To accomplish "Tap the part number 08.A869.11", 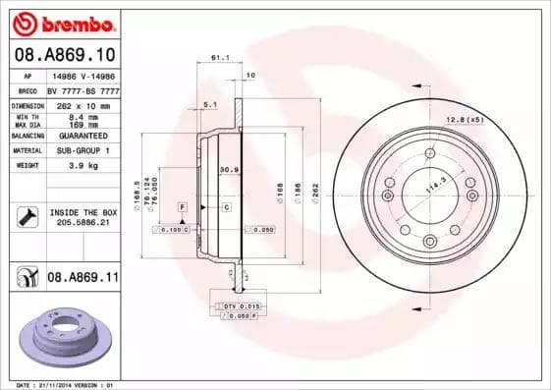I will (83, 278).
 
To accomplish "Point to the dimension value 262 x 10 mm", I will (80, 104).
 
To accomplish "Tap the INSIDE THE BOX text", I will (83, 212).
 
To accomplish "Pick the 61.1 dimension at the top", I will (220, 58).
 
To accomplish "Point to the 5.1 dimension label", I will (209, 103).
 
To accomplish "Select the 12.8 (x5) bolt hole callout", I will (466, 119).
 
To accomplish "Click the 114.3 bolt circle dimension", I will (430, 184).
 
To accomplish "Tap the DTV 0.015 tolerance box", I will (236, 307).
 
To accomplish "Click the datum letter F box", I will (183, 207).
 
